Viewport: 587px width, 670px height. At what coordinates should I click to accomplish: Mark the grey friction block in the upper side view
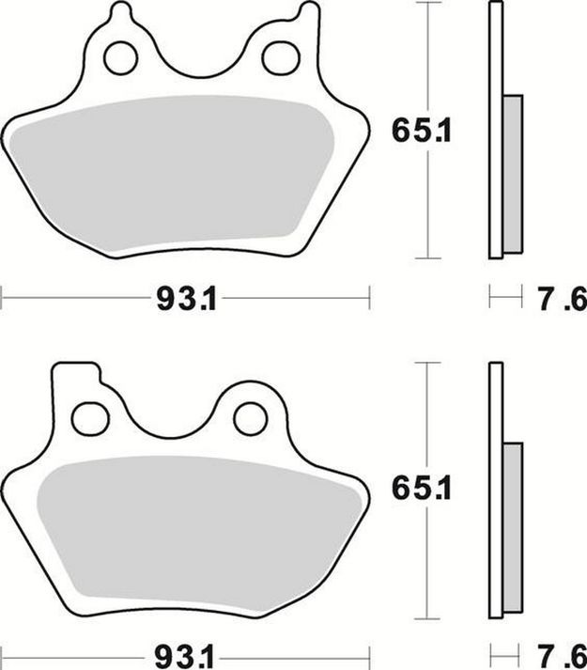pos(513,174)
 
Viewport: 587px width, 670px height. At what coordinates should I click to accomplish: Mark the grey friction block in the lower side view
pos(513,531)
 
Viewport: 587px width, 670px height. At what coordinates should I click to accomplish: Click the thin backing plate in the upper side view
pos(494,132)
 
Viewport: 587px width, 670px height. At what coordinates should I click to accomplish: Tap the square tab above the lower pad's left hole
pos(75,376)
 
